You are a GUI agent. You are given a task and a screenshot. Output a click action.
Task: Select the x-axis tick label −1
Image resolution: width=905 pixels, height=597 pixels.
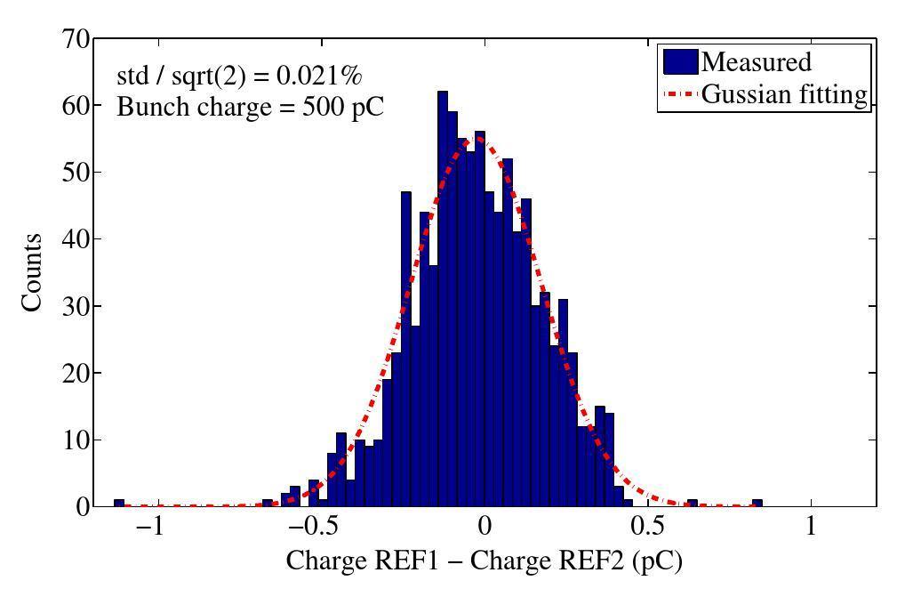[151, 526]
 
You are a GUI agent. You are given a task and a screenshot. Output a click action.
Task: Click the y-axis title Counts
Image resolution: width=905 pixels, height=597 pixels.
[33, 272]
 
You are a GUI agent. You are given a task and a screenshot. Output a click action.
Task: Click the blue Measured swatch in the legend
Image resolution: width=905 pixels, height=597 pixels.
[679, 62]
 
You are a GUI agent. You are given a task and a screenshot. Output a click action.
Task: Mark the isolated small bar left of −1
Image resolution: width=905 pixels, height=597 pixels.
[118, 503]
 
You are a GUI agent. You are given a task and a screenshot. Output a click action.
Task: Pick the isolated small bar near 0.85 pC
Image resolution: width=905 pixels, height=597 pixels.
[757, 503]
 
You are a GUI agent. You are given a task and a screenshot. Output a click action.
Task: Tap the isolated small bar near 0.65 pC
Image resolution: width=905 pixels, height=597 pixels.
[692, 503]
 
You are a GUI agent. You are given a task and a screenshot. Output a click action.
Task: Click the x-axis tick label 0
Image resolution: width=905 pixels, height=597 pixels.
[484, 526]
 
